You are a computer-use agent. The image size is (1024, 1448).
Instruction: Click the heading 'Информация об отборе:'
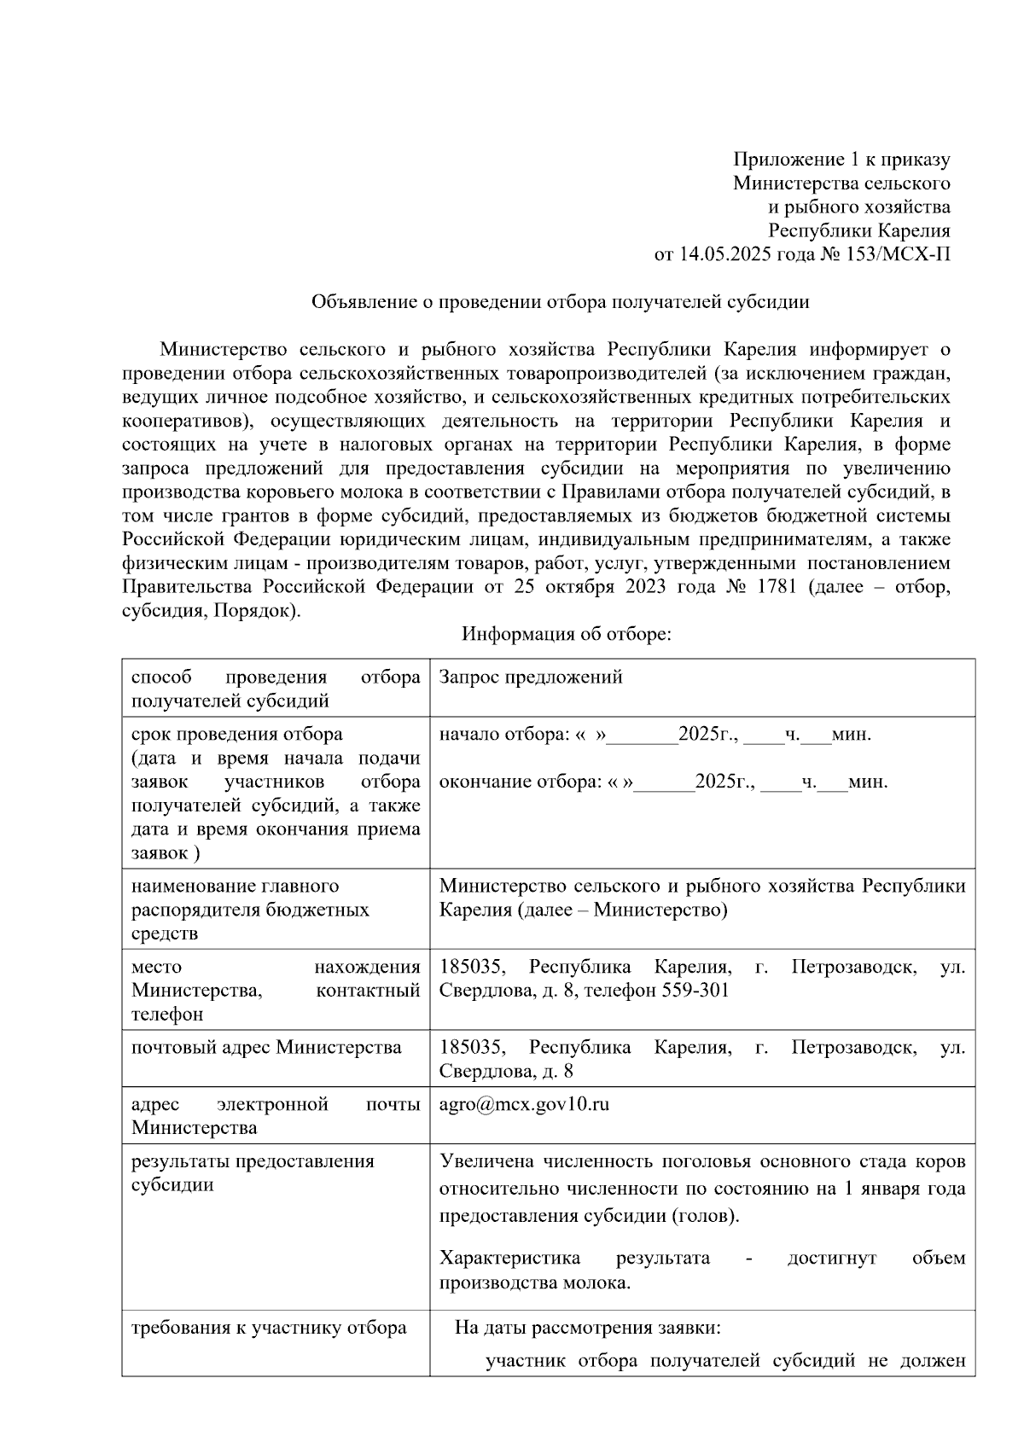point(567,634)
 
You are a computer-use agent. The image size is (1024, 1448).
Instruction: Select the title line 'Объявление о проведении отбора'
point(560,301)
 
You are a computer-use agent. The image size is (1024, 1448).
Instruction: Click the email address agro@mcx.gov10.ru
point(524,1104)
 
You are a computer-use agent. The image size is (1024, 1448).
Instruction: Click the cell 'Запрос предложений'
point(530,677)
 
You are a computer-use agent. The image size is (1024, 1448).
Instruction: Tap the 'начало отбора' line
point(655,735)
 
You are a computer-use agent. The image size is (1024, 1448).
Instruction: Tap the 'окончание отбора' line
point(663,782)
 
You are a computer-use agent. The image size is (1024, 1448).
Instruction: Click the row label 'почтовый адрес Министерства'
point(266,1048)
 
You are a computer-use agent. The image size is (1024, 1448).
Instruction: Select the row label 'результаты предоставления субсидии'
point(253,1173)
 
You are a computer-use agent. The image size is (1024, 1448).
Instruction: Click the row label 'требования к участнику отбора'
point(269,1329)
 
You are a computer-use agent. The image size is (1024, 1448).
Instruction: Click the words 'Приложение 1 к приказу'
point(841,160)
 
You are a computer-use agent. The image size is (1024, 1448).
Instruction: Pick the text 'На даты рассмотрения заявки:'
point(588,1329)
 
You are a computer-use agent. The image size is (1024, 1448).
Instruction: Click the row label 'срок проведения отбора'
point(237,735)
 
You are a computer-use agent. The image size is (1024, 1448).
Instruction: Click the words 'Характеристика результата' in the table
point(574,1259)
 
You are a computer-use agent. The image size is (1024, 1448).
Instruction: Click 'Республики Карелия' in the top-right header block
point(858,230)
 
